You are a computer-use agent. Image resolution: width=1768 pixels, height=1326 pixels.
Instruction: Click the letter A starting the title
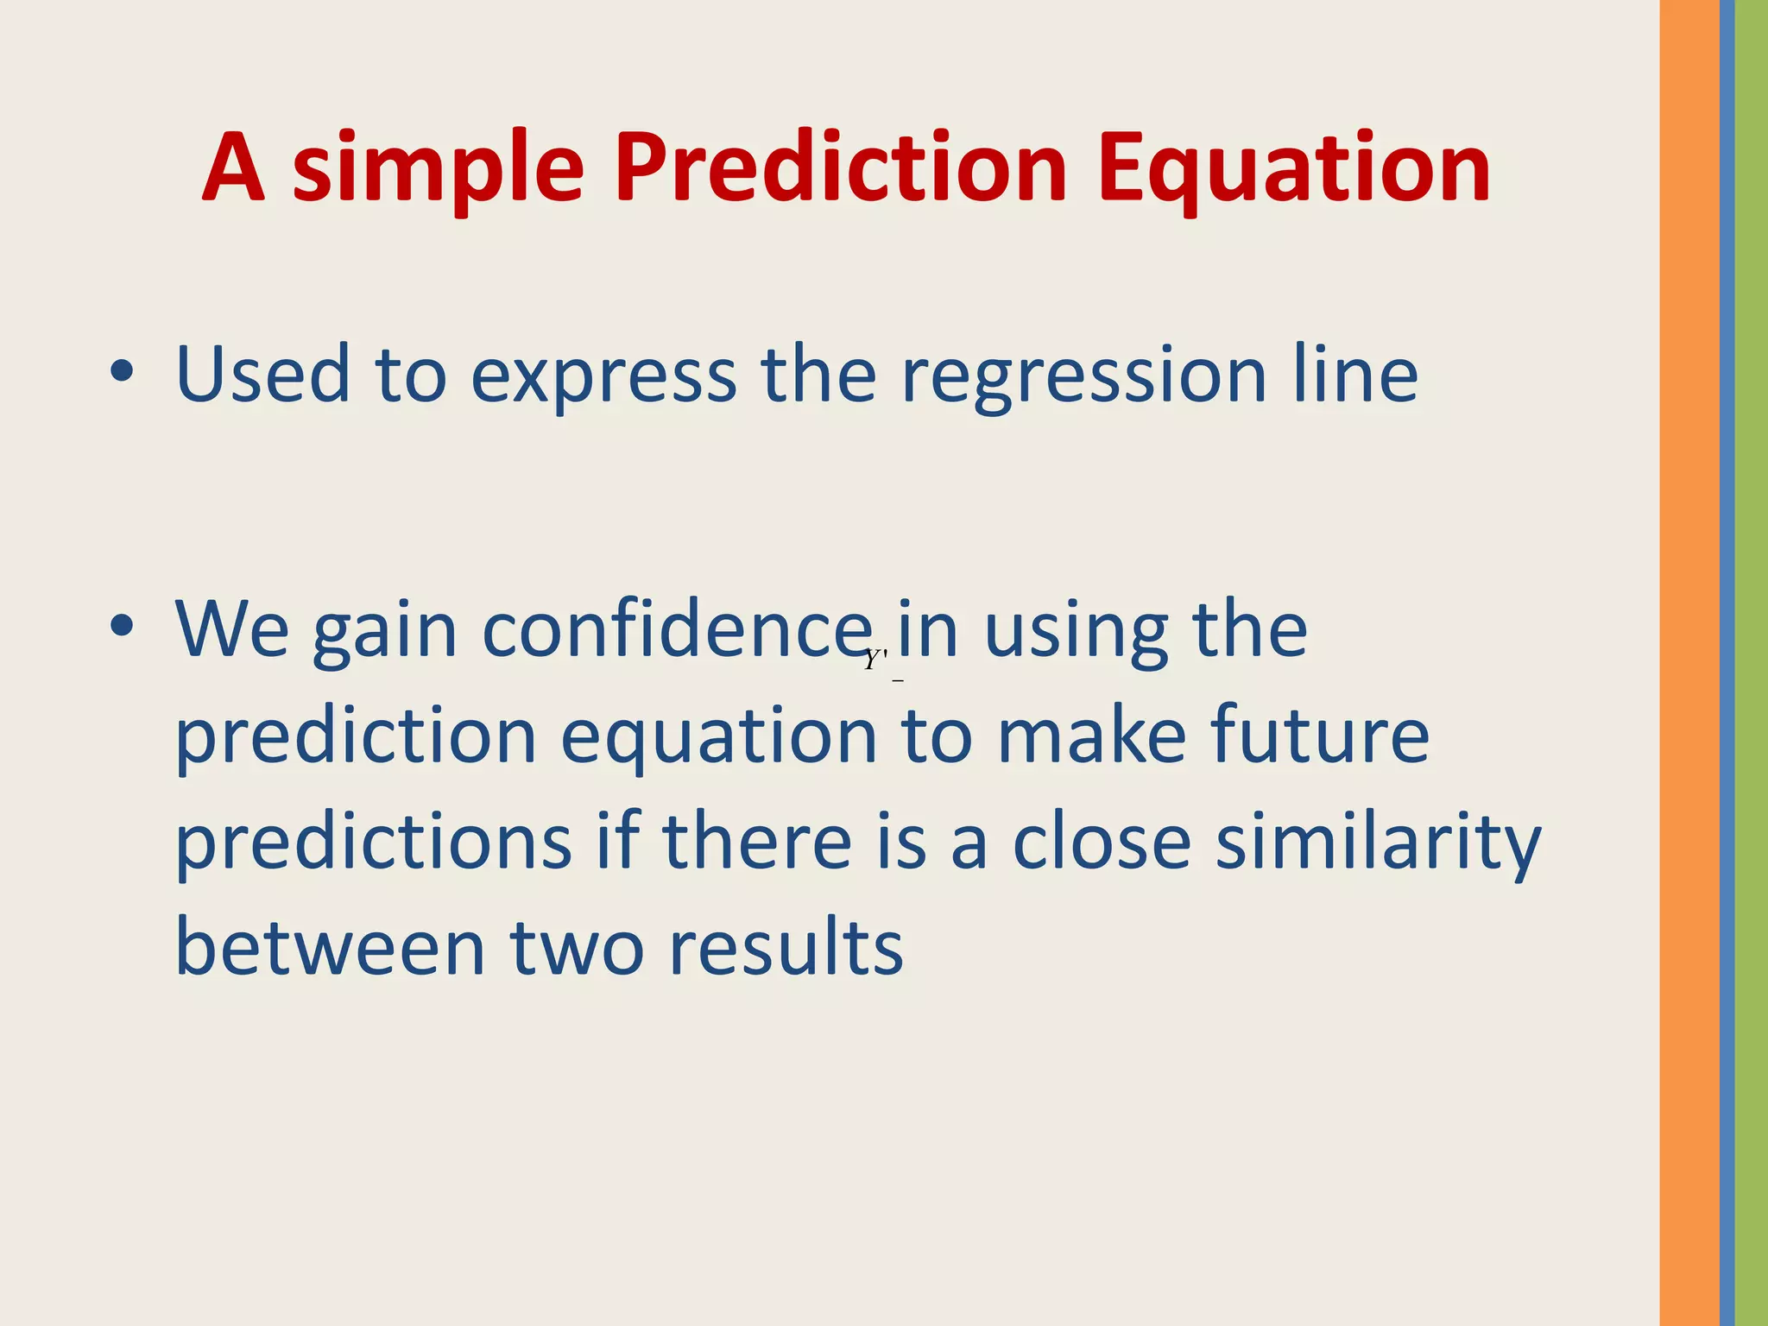click(x=233, y=168)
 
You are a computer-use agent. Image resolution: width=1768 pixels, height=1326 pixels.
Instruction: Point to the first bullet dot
click(x=122, y=372)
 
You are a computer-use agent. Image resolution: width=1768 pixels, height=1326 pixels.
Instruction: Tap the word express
click(x=603, y=376)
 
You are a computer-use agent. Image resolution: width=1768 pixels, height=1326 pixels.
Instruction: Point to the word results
click(x=786, y=947)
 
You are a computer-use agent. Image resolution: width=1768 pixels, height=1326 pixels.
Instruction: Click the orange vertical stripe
click(x=1689, y=663)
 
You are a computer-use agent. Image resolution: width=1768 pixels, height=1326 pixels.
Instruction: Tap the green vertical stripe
click(x=1752, y=663)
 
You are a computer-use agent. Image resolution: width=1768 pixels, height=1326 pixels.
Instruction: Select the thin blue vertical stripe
click(x=1727, y=663)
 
